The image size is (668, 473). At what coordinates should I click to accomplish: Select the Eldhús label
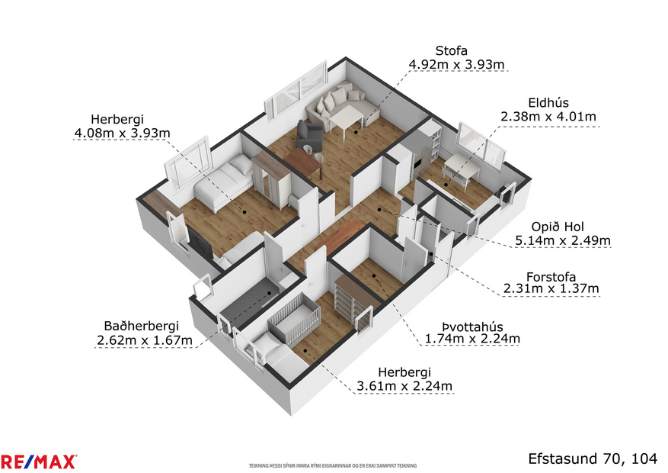coord(548,102)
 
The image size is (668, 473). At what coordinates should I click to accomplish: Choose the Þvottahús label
coord(472,323)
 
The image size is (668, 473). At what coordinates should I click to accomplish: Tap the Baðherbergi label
coord(143,324)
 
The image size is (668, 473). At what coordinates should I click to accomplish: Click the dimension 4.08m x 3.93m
coord(122,134)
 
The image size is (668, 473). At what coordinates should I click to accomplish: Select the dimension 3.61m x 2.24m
coord(404,386)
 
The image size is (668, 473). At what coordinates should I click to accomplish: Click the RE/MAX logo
coord(38,461)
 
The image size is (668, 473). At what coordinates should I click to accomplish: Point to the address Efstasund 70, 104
coord(592,458)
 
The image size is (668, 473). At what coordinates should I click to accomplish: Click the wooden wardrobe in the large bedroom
coord(271,175)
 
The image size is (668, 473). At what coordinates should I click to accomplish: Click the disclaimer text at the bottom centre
coord(334,465)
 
